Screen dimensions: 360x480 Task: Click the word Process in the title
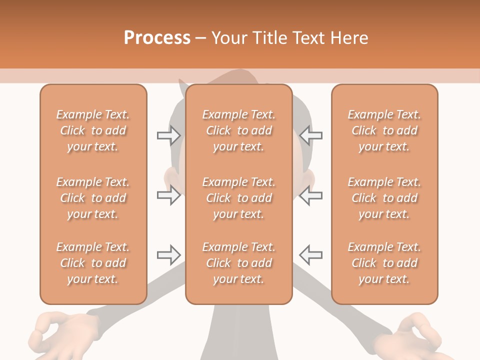[157, 38]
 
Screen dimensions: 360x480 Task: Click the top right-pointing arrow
[168, 135]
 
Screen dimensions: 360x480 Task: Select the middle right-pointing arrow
[168, 195]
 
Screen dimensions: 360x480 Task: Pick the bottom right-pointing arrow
[168, 255]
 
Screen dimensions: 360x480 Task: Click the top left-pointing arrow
[311, 135]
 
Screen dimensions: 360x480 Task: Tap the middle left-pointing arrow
[311, 195]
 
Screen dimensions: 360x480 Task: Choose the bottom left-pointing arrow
[311, 255]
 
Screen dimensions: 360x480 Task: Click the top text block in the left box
[93, 130]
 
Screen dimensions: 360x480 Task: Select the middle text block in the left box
[93, 198]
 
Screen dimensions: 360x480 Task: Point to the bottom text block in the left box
[93, 263]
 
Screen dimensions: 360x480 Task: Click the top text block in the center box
[238, 130]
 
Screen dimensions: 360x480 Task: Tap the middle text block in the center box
[238, 198]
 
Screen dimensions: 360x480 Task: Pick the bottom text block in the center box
[238, 263]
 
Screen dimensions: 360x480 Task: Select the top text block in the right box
[384, 130]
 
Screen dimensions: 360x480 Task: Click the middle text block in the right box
[384, 198]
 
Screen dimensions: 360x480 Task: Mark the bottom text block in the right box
[384, 263]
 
